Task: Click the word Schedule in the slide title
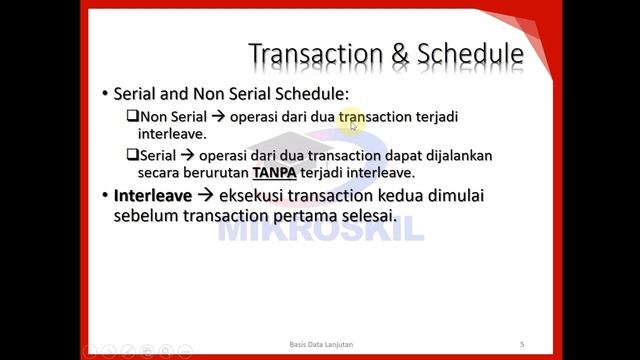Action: pos(468,55)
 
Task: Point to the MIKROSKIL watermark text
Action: pos(320,228)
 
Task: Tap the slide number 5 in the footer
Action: pos(522,345)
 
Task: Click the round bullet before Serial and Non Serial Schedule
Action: pos(105,94)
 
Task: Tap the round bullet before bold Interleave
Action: pos(105,196)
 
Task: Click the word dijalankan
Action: pos(456,156)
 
